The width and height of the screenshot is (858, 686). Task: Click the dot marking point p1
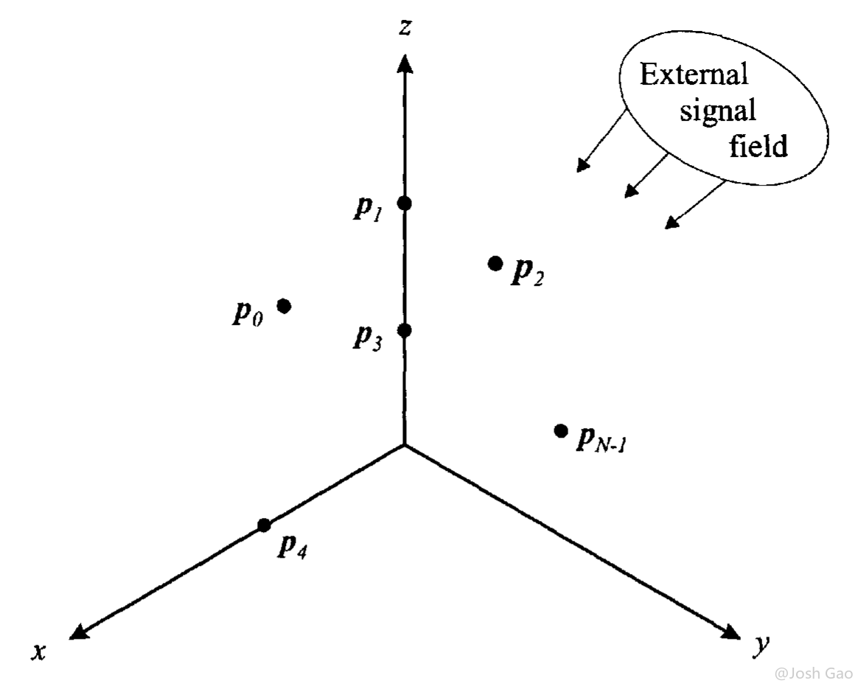tap(405, 203)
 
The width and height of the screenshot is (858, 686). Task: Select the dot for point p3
tap(405, 330)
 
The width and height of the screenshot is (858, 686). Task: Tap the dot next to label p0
tap(284, 306)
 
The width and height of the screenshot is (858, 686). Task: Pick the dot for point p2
tap(495, 264)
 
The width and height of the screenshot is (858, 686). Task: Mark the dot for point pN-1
tap(560, 431)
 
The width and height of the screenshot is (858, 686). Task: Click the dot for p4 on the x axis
tap(265, 525)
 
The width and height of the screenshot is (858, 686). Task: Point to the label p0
tap(248, 313)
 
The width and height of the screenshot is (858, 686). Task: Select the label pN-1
tap(601, 438)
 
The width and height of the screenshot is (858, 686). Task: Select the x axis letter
tap(39, 651)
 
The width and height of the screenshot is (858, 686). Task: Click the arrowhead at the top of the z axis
tap(405, 63)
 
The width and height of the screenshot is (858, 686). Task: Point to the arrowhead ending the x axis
tap(80, 631)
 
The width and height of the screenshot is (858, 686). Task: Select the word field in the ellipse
tap(758, 145)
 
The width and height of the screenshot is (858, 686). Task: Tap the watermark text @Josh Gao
tap(815, 672)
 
